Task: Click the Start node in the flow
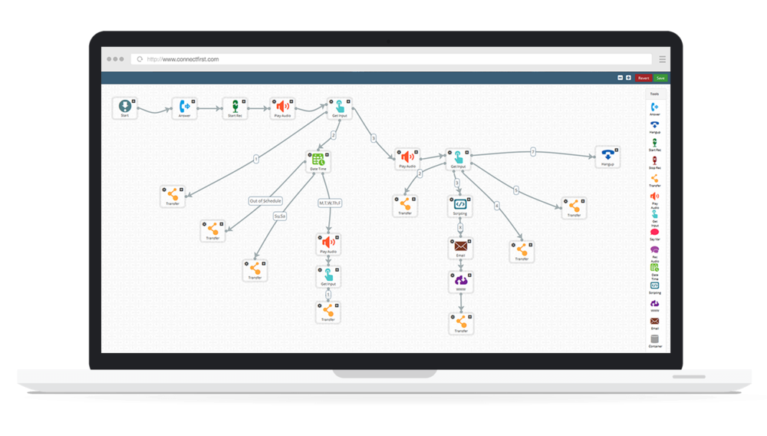pos(123,107)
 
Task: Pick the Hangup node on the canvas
pos(607,156)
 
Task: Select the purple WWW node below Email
pos(459,282)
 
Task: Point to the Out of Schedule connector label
pos(265,201)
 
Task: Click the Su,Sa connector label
pos(280,216)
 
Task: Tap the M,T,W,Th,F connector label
pos(330,203)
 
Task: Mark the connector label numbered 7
pos(533,152)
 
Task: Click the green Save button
pos(660,78)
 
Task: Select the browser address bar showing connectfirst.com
pos(391,59)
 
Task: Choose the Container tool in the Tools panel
pos(654,339)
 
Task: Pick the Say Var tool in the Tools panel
pos(654,233)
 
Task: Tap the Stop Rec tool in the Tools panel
pos(654,161)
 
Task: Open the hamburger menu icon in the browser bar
pos(663,59)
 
